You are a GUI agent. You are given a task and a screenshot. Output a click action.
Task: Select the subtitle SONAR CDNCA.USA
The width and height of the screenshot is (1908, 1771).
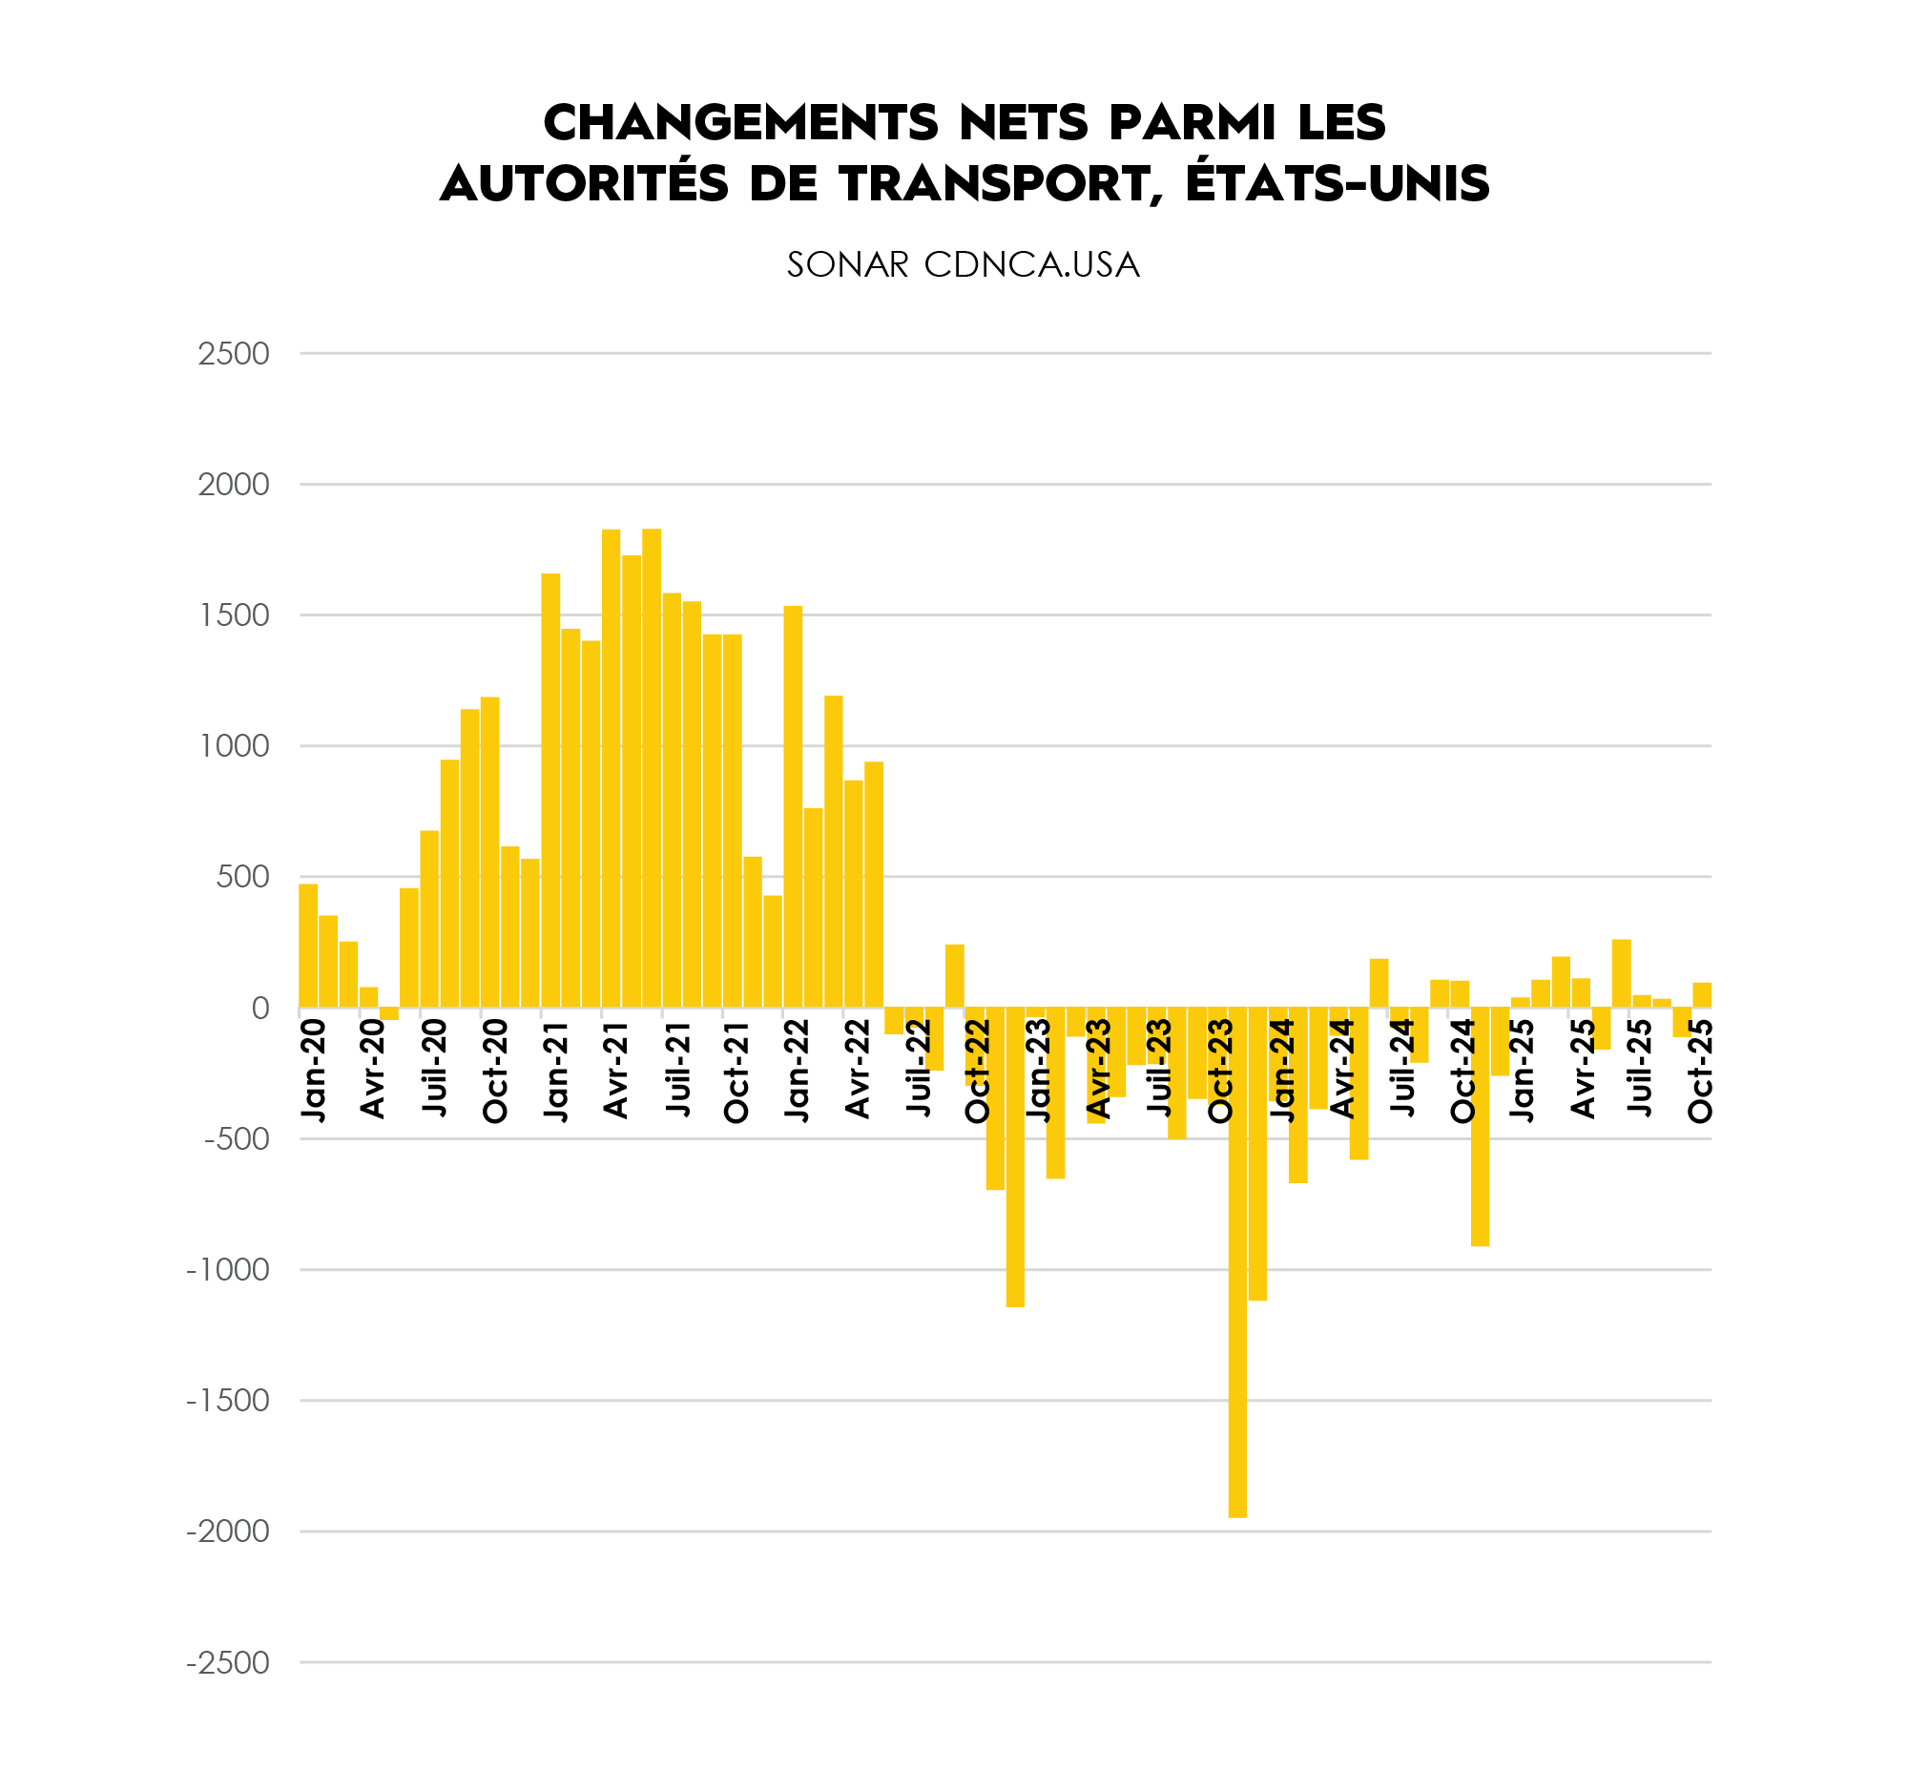point(964,265)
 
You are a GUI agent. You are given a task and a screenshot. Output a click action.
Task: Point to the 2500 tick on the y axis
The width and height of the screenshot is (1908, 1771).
point(233,354)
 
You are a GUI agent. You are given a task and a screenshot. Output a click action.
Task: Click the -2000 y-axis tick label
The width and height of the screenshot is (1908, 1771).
point(228,1531)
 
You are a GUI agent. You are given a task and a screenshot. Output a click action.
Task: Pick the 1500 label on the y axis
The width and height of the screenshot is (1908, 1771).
point(233,615)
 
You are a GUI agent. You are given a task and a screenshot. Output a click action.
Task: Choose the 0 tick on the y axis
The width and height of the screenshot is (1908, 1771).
point(259,1009)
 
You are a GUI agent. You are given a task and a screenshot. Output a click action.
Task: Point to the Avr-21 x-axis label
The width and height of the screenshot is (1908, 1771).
point(616,1069)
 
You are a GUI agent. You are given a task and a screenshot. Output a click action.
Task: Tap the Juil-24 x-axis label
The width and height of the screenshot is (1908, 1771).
point(1402,1069)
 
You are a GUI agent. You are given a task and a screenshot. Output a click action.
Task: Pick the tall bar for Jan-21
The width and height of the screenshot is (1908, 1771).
point(550,791)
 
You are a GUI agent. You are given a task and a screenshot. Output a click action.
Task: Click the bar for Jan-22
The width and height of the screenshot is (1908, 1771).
point(793,807)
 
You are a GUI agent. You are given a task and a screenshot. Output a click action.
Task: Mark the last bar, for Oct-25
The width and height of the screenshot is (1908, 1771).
point(1702,994)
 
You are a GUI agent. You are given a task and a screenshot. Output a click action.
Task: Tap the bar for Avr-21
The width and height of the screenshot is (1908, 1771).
point(611,768)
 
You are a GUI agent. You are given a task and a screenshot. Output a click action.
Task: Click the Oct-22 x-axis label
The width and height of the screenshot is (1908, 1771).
point(978,1069)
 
